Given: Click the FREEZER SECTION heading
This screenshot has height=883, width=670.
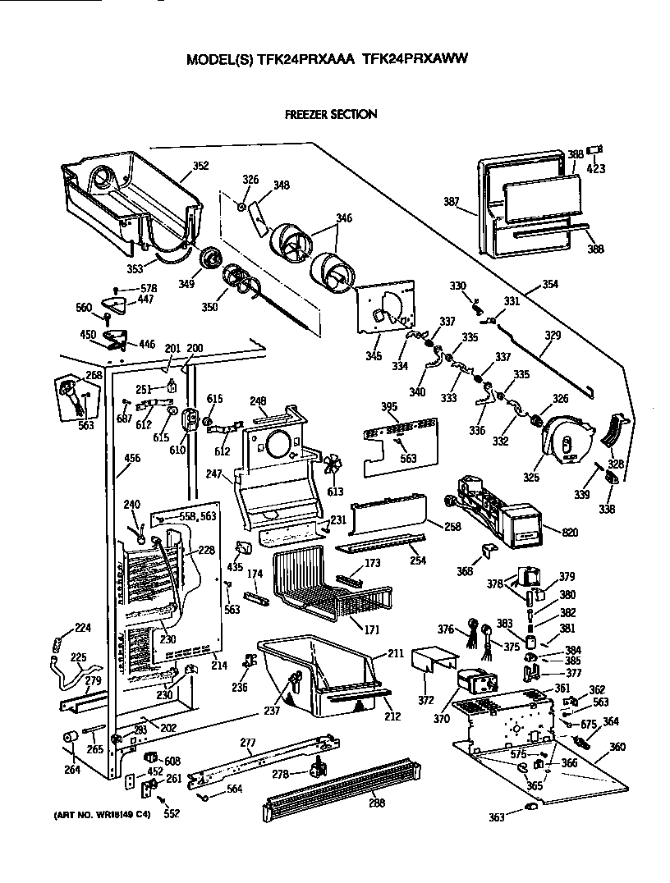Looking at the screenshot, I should [330, 114].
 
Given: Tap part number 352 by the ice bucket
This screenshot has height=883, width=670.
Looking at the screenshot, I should [200, 167].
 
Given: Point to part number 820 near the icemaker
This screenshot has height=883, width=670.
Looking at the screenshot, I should [569, 533].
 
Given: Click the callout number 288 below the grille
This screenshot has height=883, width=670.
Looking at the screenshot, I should [375, 802].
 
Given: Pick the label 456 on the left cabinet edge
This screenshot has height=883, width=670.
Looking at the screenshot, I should [126, 470].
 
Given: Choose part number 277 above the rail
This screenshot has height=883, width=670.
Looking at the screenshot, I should [248, 743].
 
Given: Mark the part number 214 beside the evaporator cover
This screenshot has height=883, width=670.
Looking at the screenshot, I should [218, 666].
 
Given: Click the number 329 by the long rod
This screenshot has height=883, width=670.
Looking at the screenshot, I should [553, 336].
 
